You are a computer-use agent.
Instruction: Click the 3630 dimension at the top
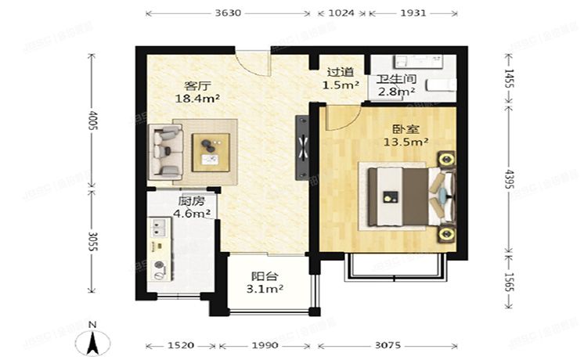tap(229, 13)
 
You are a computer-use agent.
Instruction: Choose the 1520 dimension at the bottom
tap(182, 345)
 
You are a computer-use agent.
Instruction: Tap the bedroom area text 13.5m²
tap(405, 142)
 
